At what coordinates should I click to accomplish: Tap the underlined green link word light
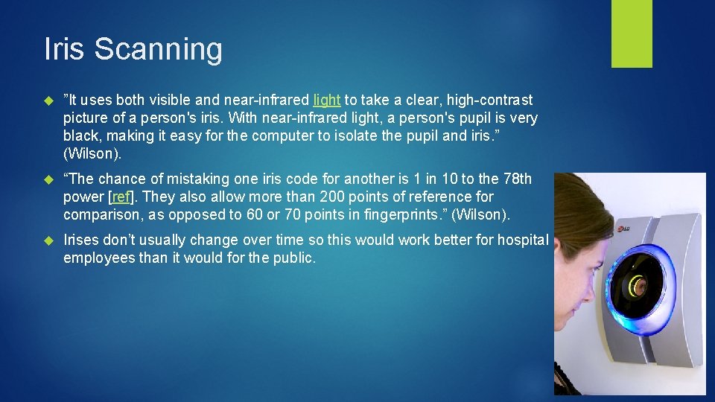click(x=327, y=100)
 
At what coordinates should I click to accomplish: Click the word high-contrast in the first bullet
click(x=489, y=100)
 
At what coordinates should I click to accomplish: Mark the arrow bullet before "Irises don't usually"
click(x=49, y=240)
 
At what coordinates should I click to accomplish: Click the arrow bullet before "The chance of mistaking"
click(x=49, y=179)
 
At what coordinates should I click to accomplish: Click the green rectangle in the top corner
click(x=632, y=33)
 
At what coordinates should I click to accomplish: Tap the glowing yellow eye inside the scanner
click(x=637, y=284)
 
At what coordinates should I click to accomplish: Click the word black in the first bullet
click(x=80, y=135)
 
